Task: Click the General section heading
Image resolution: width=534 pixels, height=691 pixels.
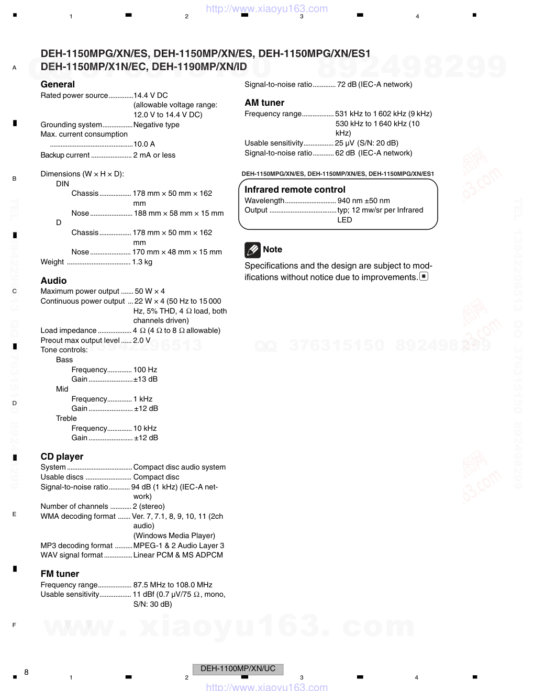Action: [58, 84]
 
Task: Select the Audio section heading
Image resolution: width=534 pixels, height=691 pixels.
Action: [53, 281]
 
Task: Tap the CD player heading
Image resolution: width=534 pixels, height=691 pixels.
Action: [62, 456]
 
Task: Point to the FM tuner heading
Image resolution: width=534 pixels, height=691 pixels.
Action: [60, 574]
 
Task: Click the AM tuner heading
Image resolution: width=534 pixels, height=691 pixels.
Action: [264, 103]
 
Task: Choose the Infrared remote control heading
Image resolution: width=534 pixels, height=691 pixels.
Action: [295, 190]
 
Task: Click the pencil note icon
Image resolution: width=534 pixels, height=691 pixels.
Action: [252, 250]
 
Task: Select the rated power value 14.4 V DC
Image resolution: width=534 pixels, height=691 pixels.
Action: [151, 95]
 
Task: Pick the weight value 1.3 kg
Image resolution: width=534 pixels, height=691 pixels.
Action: [142, 262]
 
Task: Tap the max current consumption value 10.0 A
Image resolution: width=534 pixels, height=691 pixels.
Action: [144, 144]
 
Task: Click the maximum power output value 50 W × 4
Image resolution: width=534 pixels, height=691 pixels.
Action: [150, 291]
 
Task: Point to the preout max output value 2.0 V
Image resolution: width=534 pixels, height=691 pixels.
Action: [141, 340]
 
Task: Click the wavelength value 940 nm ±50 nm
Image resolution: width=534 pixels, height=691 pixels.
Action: [363, 200]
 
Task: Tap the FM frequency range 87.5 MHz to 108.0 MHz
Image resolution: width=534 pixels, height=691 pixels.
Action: [173, 585]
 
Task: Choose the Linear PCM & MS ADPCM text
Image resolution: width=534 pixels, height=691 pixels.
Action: [178, 555]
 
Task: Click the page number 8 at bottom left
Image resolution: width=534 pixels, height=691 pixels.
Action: [26, 672]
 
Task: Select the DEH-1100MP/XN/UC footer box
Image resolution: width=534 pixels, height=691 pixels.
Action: [238, 668]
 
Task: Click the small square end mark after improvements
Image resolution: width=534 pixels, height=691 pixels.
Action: [424, 276]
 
